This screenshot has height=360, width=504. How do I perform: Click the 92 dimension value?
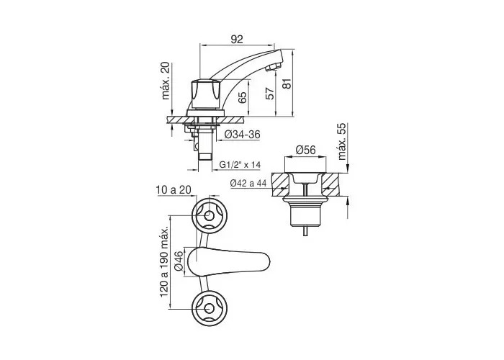237,39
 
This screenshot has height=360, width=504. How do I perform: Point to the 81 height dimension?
288,84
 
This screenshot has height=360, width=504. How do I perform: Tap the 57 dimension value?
271,93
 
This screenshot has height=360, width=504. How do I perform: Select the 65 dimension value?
243,97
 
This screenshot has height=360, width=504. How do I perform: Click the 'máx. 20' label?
166,81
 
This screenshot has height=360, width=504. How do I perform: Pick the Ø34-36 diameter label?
243,135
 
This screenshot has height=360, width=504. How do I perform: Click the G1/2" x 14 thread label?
240,165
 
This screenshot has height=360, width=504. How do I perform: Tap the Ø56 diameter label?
305,150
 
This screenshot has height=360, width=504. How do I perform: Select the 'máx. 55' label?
343,141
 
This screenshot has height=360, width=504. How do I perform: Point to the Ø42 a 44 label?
248,183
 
